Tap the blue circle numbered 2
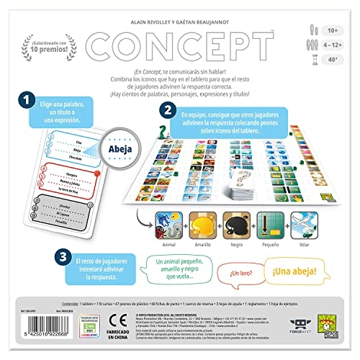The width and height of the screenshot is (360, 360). coord(168,112)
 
